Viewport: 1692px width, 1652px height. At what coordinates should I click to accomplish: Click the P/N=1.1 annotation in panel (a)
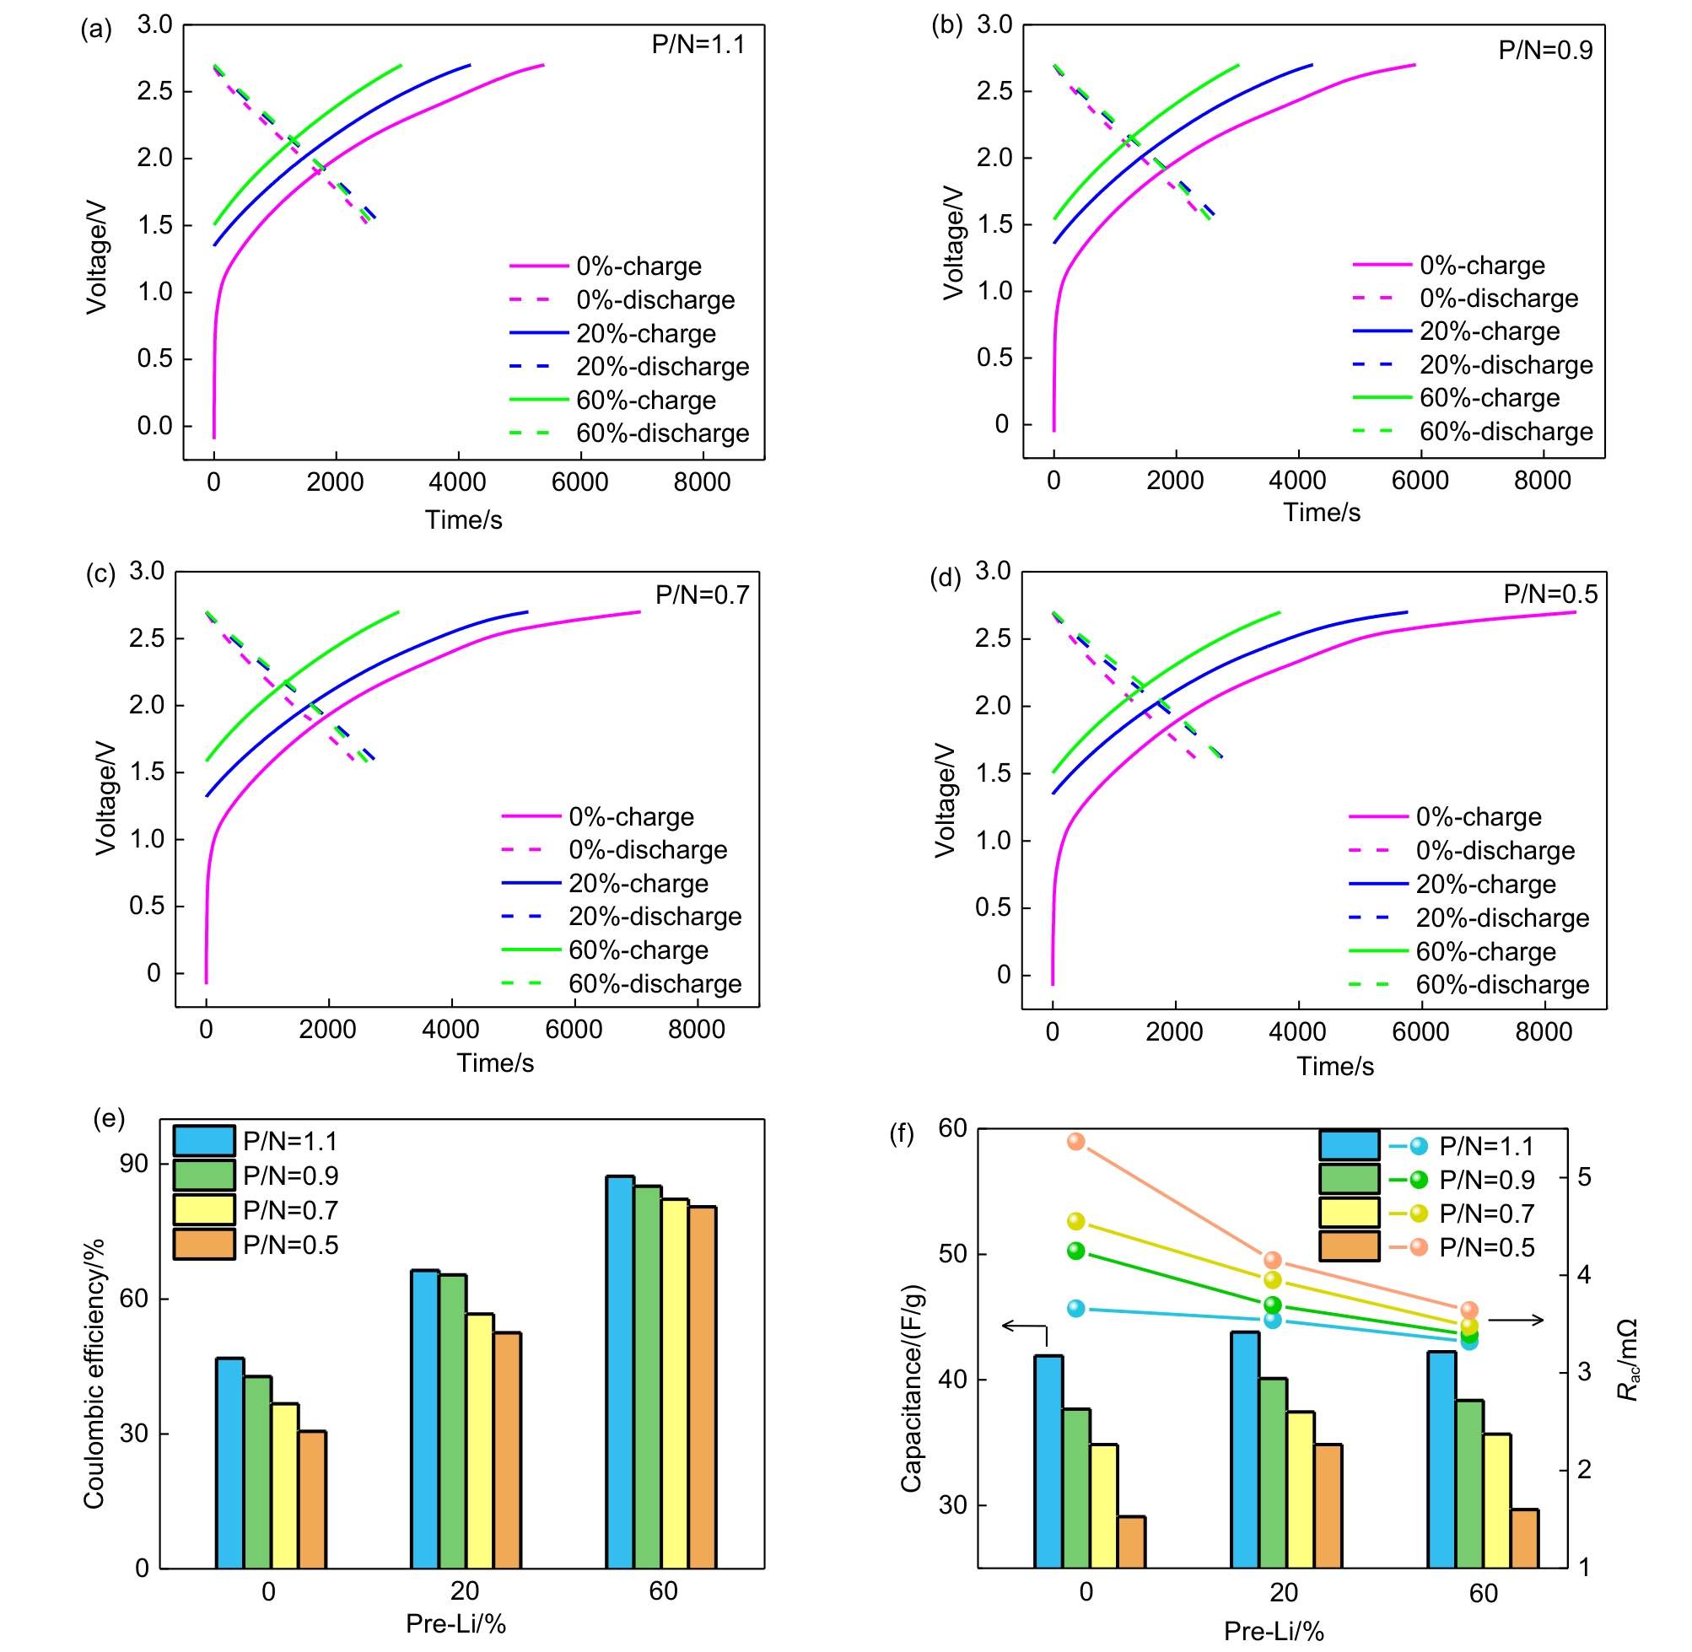click(x=698, y=44)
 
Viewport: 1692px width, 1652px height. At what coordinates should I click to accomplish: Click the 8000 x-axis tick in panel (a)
click(x=702, y=482)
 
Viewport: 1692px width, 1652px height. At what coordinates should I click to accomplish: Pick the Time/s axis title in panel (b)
click(x=1322, y=513)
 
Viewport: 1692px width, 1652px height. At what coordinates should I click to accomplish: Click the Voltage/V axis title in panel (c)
click(x=106, y=798)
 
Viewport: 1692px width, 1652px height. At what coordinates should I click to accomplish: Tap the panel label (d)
click(x=945, y=578)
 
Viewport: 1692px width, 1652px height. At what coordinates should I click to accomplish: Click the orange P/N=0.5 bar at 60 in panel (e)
click(x=703, y=1387)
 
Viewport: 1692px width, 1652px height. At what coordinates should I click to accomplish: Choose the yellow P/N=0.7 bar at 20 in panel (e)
click(x=480, y=1441)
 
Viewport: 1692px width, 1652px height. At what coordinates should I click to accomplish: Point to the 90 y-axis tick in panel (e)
click(x=133, y=1164)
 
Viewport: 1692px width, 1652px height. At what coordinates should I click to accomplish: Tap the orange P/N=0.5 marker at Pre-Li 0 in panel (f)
click(x=1076, y=1142)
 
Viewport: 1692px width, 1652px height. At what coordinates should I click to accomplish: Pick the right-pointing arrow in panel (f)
click(x=1516, y=1321)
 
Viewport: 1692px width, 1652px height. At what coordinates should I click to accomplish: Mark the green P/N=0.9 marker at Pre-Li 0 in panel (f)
click(x=1076, y=1251)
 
